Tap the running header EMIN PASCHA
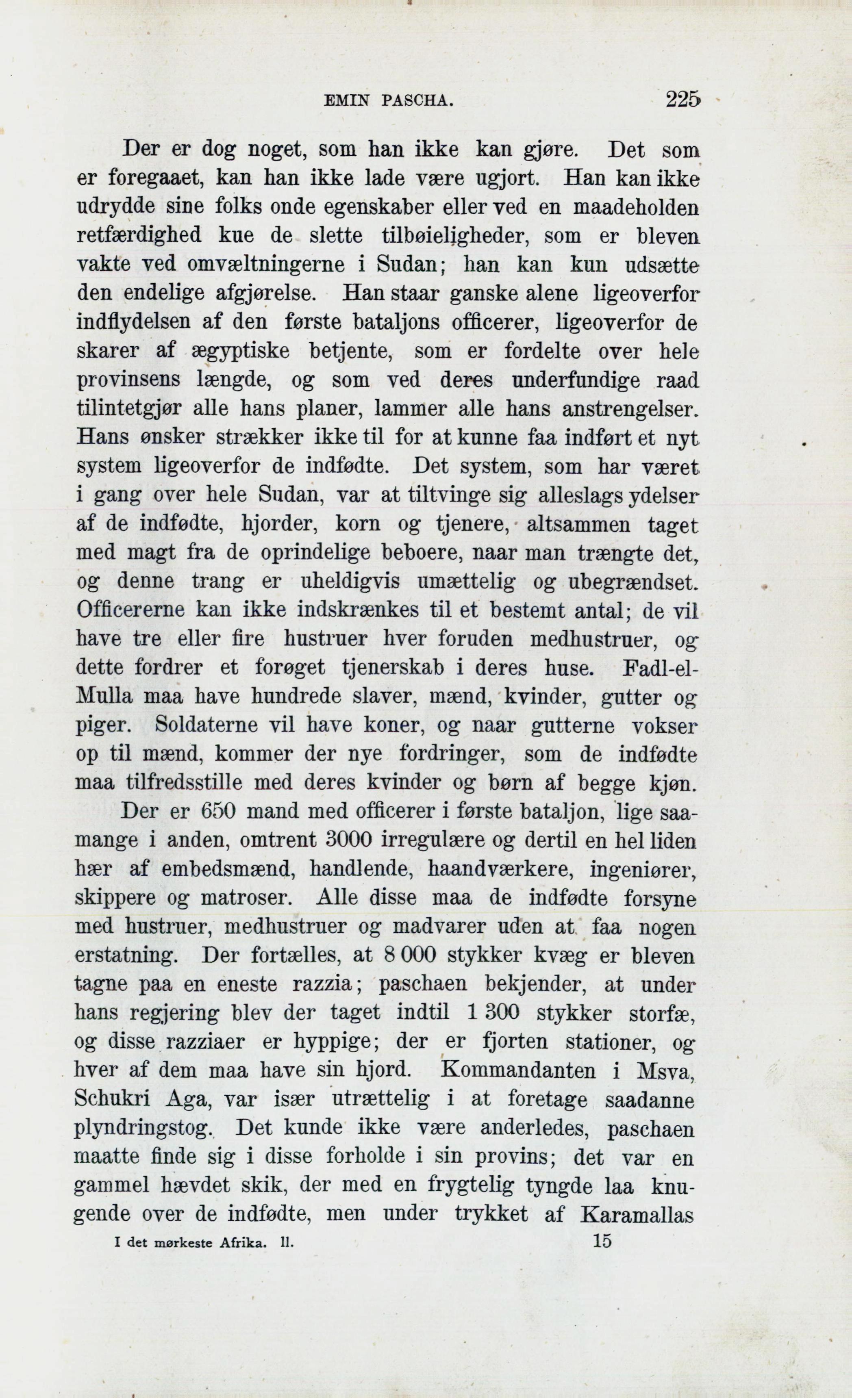[x=389, y=102]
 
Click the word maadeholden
[x=636, y=208]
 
